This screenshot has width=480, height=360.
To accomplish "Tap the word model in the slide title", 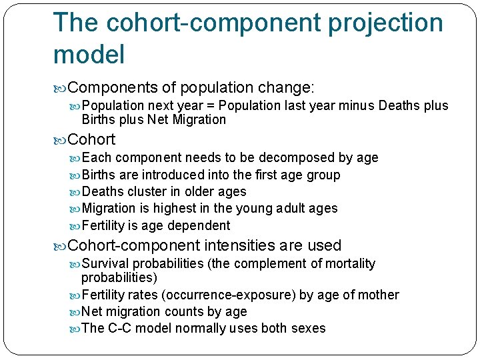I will click(x=89, y=55).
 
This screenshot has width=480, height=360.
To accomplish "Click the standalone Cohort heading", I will click(x=91, y=139).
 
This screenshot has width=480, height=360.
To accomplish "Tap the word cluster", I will click(x=149, y=191).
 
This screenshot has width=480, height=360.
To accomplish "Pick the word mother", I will click(x=378, y=295).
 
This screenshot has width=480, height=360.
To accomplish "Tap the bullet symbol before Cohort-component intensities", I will click(x=61, y=246).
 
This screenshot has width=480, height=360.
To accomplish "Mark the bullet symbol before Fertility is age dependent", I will click(x=75, y=226).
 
